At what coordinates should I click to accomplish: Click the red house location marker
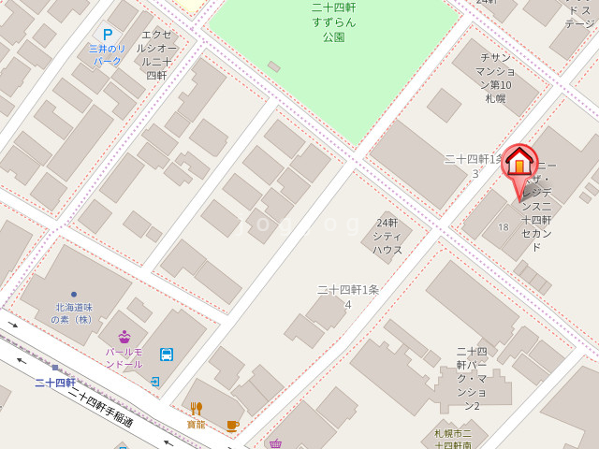click(519, 164)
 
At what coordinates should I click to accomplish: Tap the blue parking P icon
click(108, 35)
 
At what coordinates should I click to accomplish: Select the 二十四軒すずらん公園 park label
click(333, 22)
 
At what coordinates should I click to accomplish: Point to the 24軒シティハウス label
click(387, 236)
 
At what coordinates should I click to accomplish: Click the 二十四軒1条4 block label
click(347, 297)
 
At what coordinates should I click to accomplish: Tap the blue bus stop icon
click(166, 354)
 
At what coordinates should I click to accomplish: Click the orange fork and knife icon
click(196, 408)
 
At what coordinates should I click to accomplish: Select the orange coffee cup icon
click(232, 425)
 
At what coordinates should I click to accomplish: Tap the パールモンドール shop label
click(124, 357)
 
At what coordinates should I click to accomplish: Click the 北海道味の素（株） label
click(74, 312)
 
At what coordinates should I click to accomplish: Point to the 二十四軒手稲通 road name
click(100, 408)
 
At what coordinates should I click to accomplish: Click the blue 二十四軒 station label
click(54, 383)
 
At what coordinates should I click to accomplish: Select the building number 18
click(504, 227)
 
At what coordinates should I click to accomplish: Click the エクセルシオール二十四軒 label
click(156, 54)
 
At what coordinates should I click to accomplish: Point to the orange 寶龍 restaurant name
click(196, 424)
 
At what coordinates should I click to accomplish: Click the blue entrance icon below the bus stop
click(154, 382)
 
